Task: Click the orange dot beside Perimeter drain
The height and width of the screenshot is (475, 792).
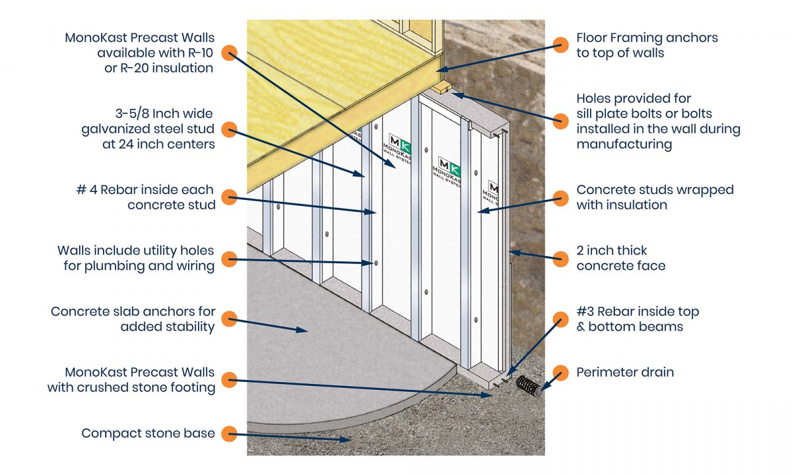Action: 560,373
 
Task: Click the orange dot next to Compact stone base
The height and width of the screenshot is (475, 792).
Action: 228,433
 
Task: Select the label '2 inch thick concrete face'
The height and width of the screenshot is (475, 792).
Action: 620,258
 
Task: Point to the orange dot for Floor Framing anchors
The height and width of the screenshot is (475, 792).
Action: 560,46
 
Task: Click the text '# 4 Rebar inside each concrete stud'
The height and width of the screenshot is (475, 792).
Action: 145,197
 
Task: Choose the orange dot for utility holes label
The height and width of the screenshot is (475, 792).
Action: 228,259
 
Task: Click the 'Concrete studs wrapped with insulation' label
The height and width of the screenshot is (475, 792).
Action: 655,197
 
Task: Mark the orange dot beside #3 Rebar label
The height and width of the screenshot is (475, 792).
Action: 560,319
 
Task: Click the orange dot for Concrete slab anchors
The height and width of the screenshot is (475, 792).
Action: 228,319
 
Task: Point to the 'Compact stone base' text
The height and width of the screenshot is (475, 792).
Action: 148,433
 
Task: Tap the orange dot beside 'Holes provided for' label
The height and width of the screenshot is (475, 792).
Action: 560,120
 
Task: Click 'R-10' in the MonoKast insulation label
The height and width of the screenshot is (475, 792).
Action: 201,53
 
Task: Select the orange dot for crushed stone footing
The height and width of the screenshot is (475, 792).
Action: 228,380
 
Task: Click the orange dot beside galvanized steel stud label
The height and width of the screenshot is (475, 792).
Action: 228,129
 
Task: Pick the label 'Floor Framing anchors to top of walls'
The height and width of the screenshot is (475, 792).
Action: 647,46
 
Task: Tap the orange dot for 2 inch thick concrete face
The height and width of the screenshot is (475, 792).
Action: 560,258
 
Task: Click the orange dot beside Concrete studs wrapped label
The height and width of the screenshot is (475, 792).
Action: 560,197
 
